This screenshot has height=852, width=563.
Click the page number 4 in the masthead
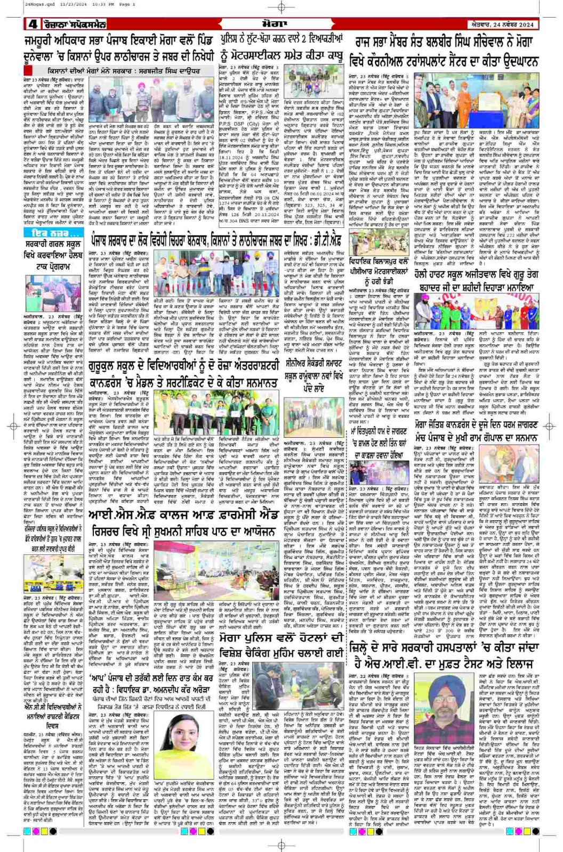(33, 24)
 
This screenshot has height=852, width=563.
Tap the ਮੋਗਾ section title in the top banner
(281, 24)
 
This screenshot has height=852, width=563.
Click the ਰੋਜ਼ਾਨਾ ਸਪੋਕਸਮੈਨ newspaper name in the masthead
(72, 24)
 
